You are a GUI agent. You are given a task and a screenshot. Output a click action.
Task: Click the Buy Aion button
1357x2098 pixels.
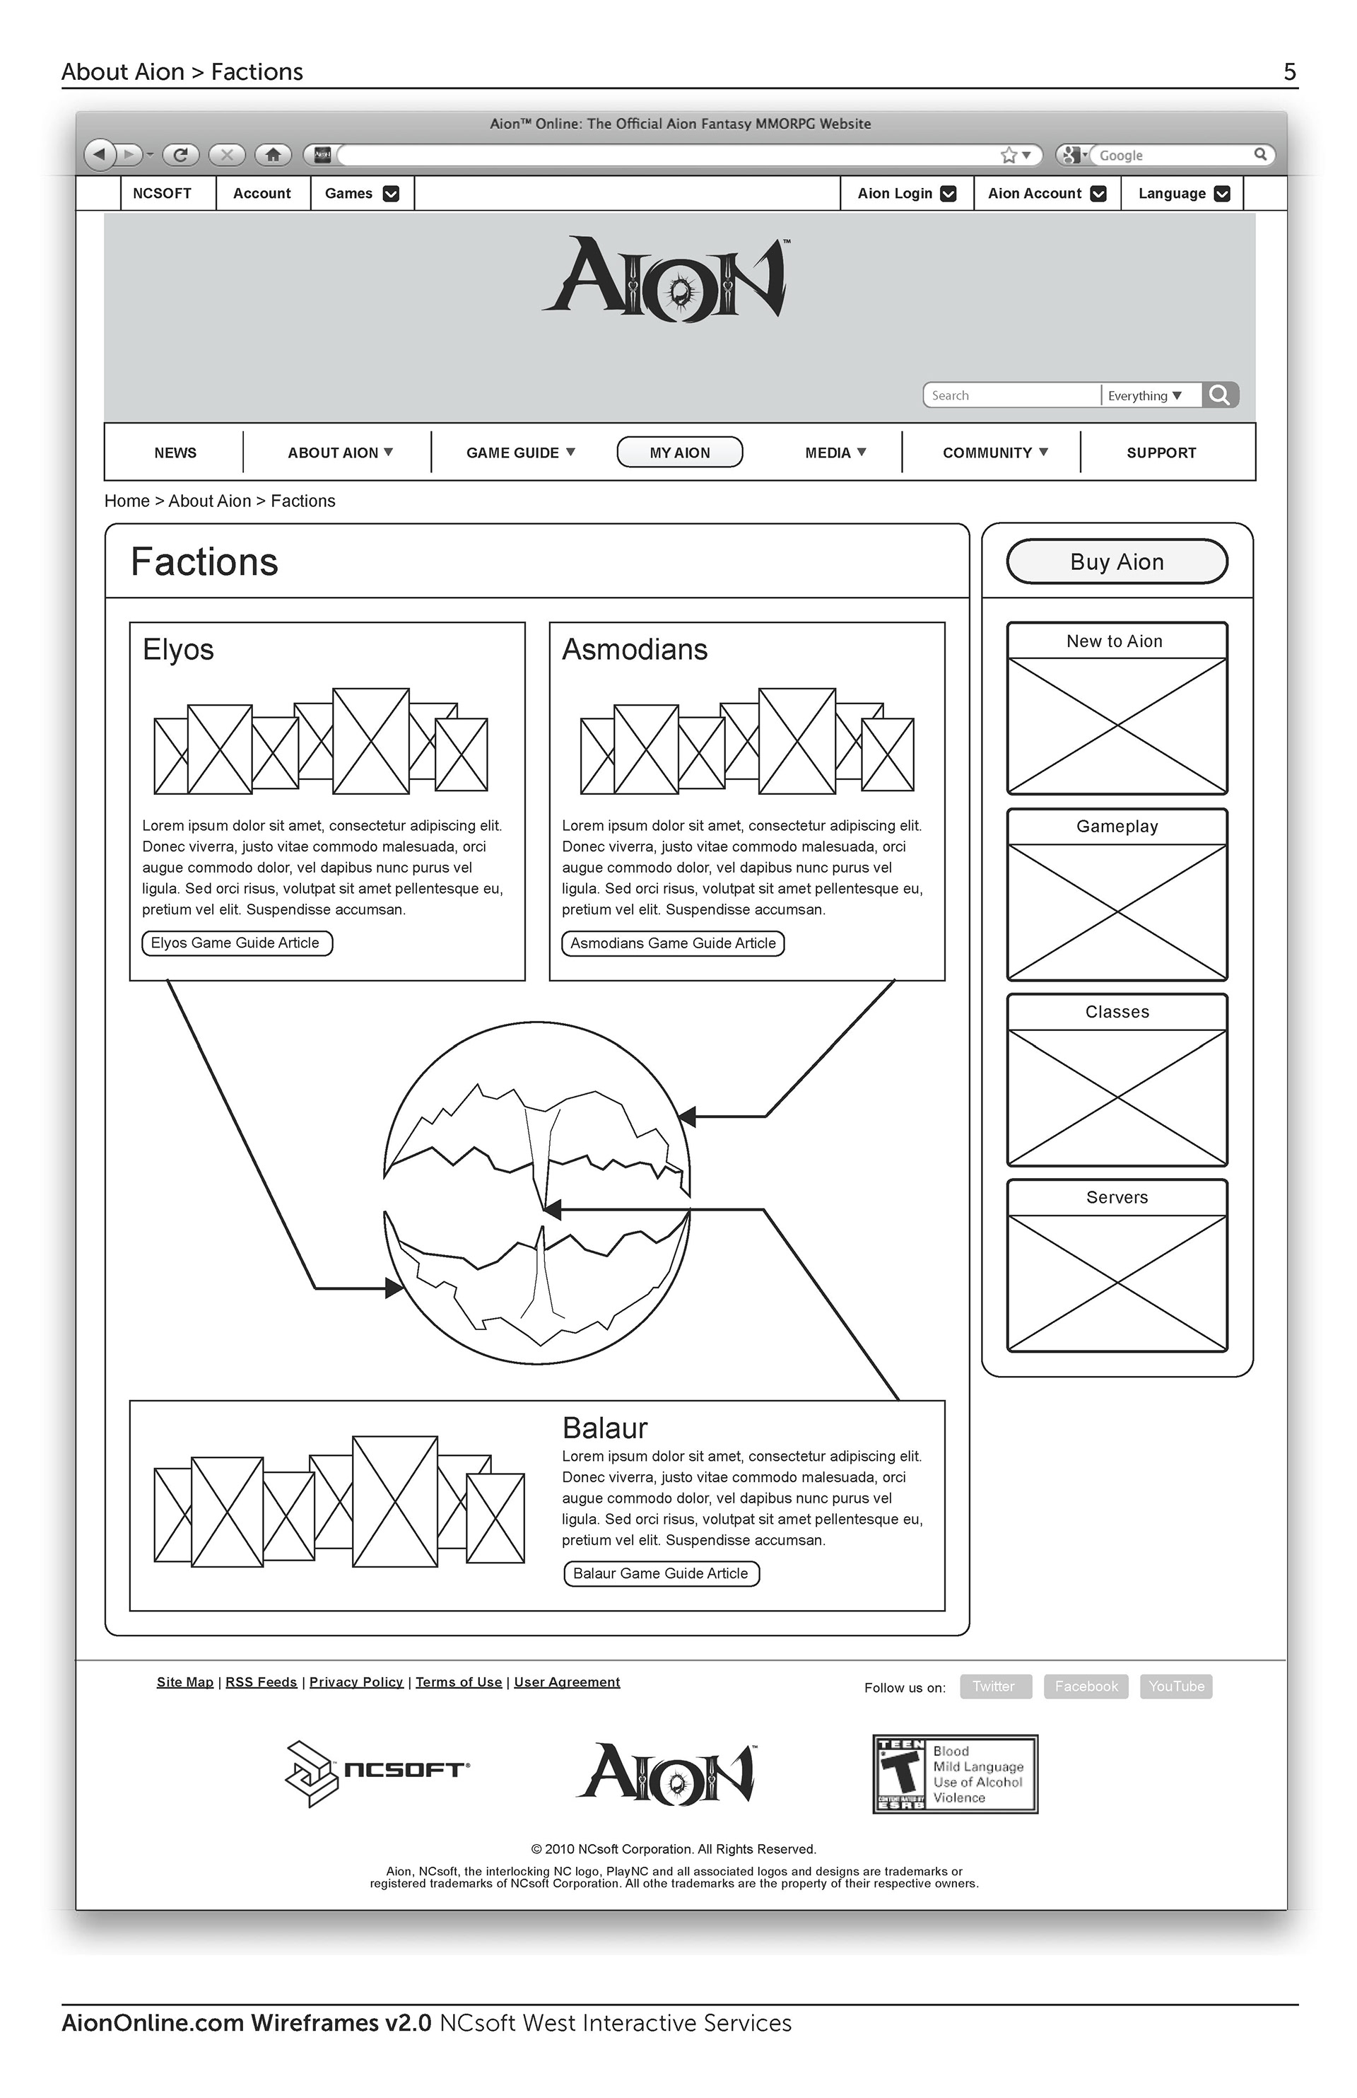pyautogui.click(x=1117, y=561)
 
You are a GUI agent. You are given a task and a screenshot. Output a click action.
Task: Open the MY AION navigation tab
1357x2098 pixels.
pyautogui.click(x=679, y=453)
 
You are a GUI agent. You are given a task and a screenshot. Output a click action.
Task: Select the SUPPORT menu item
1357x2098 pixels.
pyautogui.click(x=1161, y=453)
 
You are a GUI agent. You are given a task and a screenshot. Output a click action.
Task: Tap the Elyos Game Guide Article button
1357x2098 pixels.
pyautogui.click(x=236, y=943)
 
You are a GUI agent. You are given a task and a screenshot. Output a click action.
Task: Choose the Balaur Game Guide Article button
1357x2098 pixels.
pyautogui.click(x=661, y=1573)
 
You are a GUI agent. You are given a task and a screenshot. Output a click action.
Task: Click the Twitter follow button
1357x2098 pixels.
pyautogui.click(x=995, y=1686)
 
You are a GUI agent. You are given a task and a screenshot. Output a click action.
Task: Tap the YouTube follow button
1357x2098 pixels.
pyautogui.click(x=1175, y=1686)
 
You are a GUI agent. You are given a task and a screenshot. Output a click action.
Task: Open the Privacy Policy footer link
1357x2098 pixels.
pyautogui.click(x=356, y=1682)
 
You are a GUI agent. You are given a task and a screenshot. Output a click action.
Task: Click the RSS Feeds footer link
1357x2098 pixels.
pyautogui.click(x=261, y=1682)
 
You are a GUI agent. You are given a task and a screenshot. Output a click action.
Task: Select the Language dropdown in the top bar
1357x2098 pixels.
pyautogui.click(x=1182, y=194)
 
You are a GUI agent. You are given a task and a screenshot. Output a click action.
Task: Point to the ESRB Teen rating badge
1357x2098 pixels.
pyautogui.click(x=955, y=1773)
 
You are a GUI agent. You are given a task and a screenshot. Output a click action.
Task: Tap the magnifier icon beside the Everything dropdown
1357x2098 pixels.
pyautogui.click(x=1220, y=395)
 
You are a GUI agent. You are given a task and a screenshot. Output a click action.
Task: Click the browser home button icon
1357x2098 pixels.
pyautogui.click(x=273, y=155)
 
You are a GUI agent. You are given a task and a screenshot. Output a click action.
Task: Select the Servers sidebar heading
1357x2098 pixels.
pyautogui.click(x=1117, y=1197)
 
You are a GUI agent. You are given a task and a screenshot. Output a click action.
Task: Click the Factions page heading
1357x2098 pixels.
pyautogui.click(x=204, y=562)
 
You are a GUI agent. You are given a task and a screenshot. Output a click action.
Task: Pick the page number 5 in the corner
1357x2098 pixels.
pyautogui.click(x=1289, y=72)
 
